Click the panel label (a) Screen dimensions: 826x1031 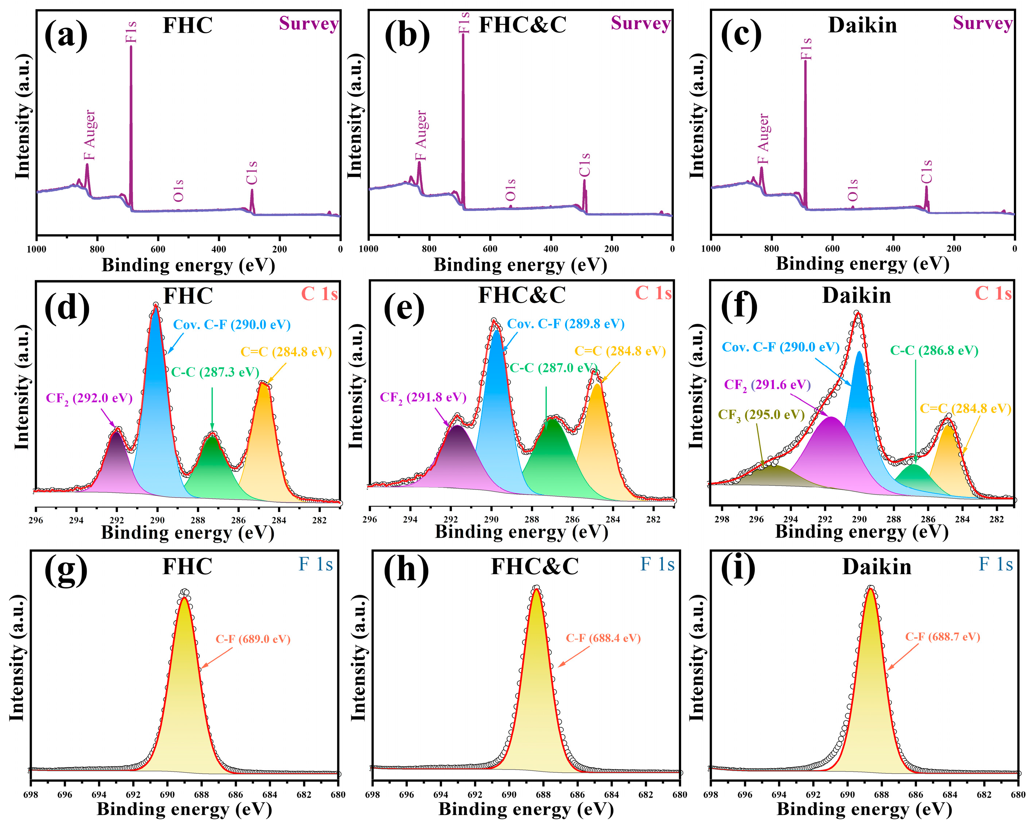point(66,35)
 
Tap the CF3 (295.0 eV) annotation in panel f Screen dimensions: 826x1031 point(761,414)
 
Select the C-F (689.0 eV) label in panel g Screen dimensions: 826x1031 point(253,639)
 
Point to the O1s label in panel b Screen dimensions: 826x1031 point(511,190)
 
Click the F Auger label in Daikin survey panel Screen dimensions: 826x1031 point(764,139)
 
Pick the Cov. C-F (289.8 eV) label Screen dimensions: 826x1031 point(566,324)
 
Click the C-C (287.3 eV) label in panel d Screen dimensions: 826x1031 point(215,372)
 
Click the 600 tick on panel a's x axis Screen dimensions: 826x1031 point(158,249)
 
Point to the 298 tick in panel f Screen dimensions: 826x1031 point(722,520)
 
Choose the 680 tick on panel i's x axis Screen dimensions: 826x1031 point(1018,794)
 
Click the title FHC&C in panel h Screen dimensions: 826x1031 point(535,567)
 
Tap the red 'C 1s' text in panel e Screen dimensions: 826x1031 point(653,293)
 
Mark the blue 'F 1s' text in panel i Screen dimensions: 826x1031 point(996,564)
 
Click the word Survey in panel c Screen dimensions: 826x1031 point(983,23)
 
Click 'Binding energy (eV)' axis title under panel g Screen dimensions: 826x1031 point(185,810)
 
